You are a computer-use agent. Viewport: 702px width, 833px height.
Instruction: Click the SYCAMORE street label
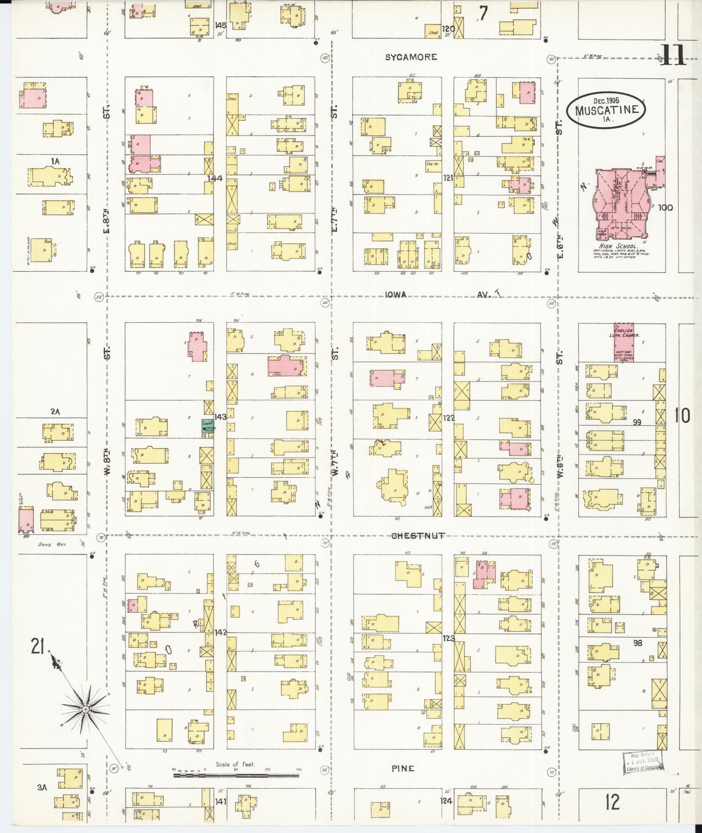point(411,57)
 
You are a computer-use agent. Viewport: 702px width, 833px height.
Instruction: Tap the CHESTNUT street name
point(418,536)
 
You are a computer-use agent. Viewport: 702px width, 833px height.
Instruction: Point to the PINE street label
point(403,768)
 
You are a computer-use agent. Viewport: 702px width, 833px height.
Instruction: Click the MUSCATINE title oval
point(606,110)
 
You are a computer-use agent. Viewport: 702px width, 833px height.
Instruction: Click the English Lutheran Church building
point(624,342)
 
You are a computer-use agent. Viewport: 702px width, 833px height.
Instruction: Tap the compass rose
point(86,710)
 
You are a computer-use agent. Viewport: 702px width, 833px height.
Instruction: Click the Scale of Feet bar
point(236,775)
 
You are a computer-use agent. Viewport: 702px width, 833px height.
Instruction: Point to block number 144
point(215,178)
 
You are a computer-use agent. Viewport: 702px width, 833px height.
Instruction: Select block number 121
point(448,178)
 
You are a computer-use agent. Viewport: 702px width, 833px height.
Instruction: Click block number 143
point(220,416)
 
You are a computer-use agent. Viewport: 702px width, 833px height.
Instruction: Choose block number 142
point(221,632)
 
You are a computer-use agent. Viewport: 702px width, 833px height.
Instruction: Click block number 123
point(448,638)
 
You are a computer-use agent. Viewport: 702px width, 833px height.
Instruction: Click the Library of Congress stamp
point(642,762)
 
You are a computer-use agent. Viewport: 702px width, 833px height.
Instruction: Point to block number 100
point(666,208)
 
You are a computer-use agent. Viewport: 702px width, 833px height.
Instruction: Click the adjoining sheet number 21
point(37,647)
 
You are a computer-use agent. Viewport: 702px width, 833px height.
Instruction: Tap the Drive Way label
point(52,545)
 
